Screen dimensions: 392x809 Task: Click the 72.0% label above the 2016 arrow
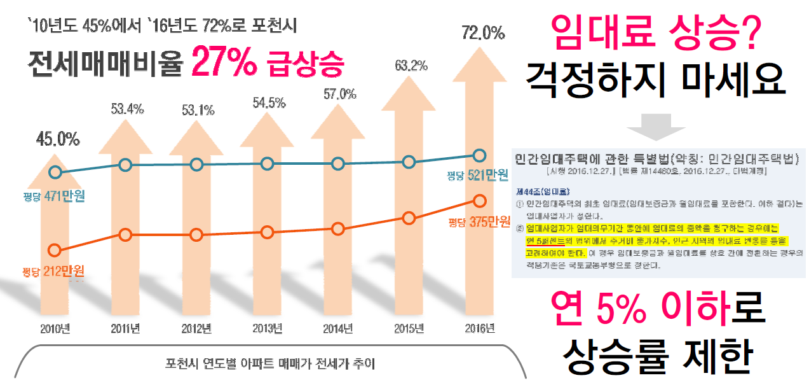(x=482, y=32)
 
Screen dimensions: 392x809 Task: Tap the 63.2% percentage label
(x=411, y=66)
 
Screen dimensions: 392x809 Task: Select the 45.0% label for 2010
(x=57, y=138)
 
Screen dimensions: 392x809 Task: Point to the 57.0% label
(x=339, y=95)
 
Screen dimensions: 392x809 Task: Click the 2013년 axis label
(x=268, y=329)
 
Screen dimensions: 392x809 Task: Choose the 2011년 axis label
(x=126, y=329)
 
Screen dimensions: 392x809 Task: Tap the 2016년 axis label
(x=480, y=329)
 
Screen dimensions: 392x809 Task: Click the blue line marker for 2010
(x=56, y=172)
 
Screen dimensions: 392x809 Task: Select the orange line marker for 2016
(x=480, y=201)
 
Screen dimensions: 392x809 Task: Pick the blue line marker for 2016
(x=480, y=155)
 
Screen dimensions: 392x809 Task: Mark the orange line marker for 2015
(x=409, y=218)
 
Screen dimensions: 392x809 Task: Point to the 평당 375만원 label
(x=479, y=222)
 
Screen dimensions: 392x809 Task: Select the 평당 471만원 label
(x=53, y=196)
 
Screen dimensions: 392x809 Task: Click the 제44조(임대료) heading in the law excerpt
(x=534, y=190)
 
